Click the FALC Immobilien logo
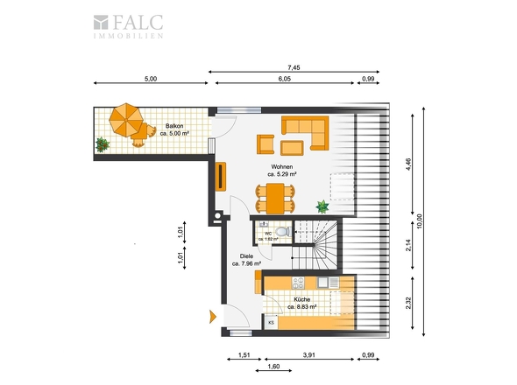pyautogui.click(x=128, y=26)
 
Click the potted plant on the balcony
pyautogui.click(x=103, y=144)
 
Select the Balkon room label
pyautogui.click(x=174, y=129)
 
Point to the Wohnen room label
pyautogui.click(x=282, y=171)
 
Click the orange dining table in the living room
pyautogui.click(x=275, y=199)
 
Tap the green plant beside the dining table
pyautogui.click(x=322, y=206)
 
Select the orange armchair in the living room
pyautogui.click(x=266, y=144)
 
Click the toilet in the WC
pyautogui.click(x=283, y=232)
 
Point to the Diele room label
pyautogui.click(x=246, y=260)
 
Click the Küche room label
pyautogui.click(x=302, y=303)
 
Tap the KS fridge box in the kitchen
pyautogui.click(x=272, y=322)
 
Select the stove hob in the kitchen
pyautogui.click(x=299, y=283)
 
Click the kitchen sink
pyautogui.click(x=328, y=283)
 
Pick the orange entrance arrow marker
pyautogui.click(x=213, y=317)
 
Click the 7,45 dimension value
pyautogui.click(x=294, y=67)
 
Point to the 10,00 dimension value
pyautogui.click(x=419, y=221)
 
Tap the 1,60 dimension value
pyautogui.click(x=273, y=367)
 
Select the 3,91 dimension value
pyautogui.click(x=309, y=355)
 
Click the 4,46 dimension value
pyautogui.click(x=408, y=164)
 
